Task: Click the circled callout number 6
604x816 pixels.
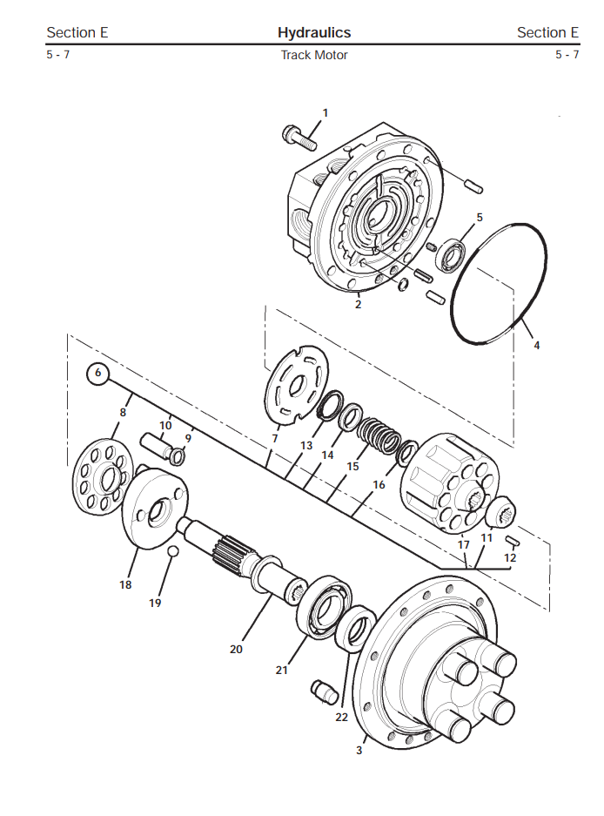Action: point(97,373)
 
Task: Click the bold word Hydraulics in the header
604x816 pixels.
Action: point(314,33)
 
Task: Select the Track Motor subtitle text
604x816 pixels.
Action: point(314,55)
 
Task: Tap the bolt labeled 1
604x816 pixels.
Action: point(299,137)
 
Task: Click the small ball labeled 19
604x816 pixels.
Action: point(173,551)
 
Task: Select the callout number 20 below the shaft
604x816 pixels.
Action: point(236,649)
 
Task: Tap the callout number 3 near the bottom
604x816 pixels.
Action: point(359,750)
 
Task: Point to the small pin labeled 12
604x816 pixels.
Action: point(512,541)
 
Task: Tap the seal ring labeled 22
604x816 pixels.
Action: point(356,629)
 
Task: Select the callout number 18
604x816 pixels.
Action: point(125,584)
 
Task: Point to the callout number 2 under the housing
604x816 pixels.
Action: point(358,305)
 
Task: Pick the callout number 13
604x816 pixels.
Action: point(306,446)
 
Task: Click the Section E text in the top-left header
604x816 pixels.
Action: point(77,33)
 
